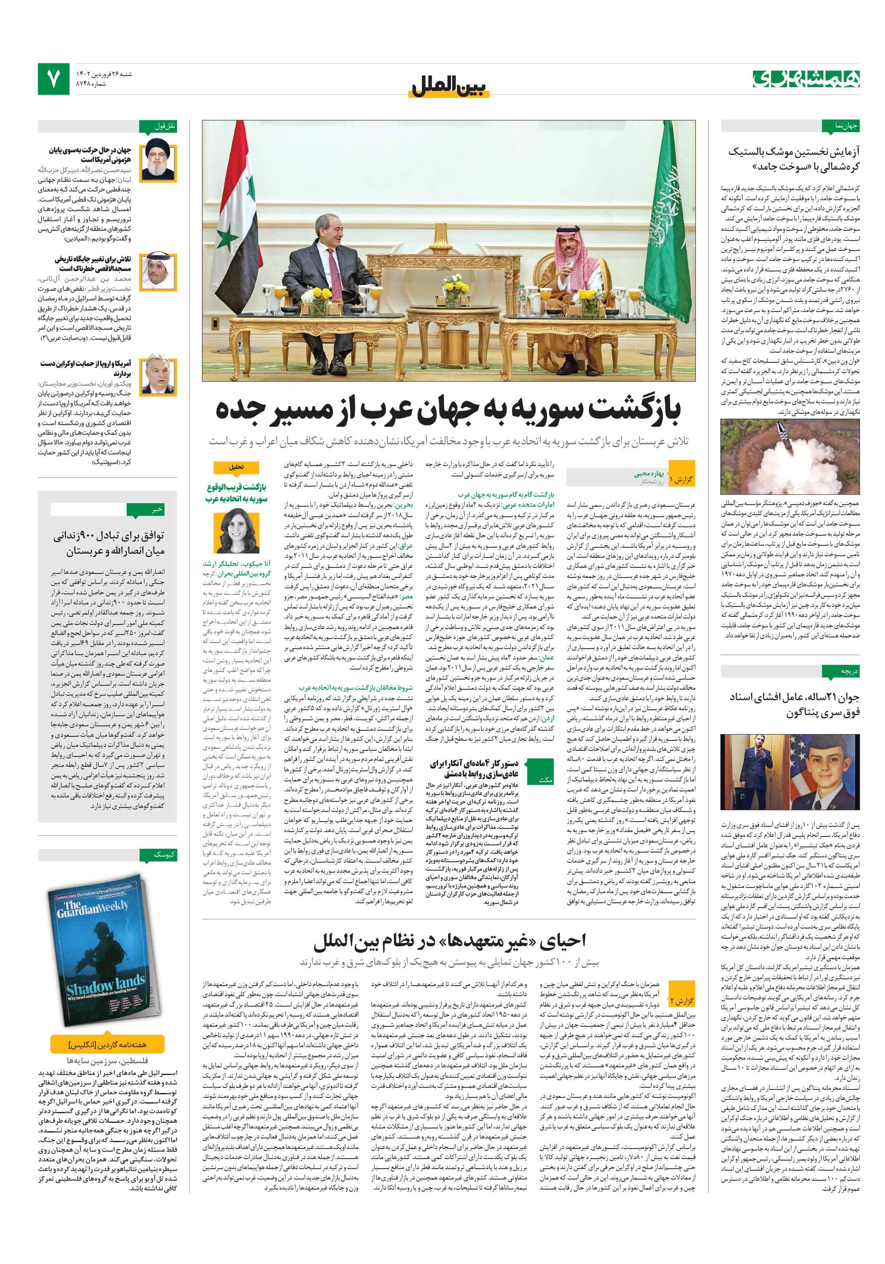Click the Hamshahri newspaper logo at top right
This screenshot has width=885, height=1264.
click(806, 79)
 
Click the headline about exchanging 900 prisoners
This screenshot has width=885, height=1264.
click(109, 543)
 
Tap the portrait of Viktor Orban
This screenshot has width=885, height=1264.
click(158, 376)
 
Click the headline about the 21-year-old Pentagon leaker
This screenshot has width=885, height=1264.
click(794, 705)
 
